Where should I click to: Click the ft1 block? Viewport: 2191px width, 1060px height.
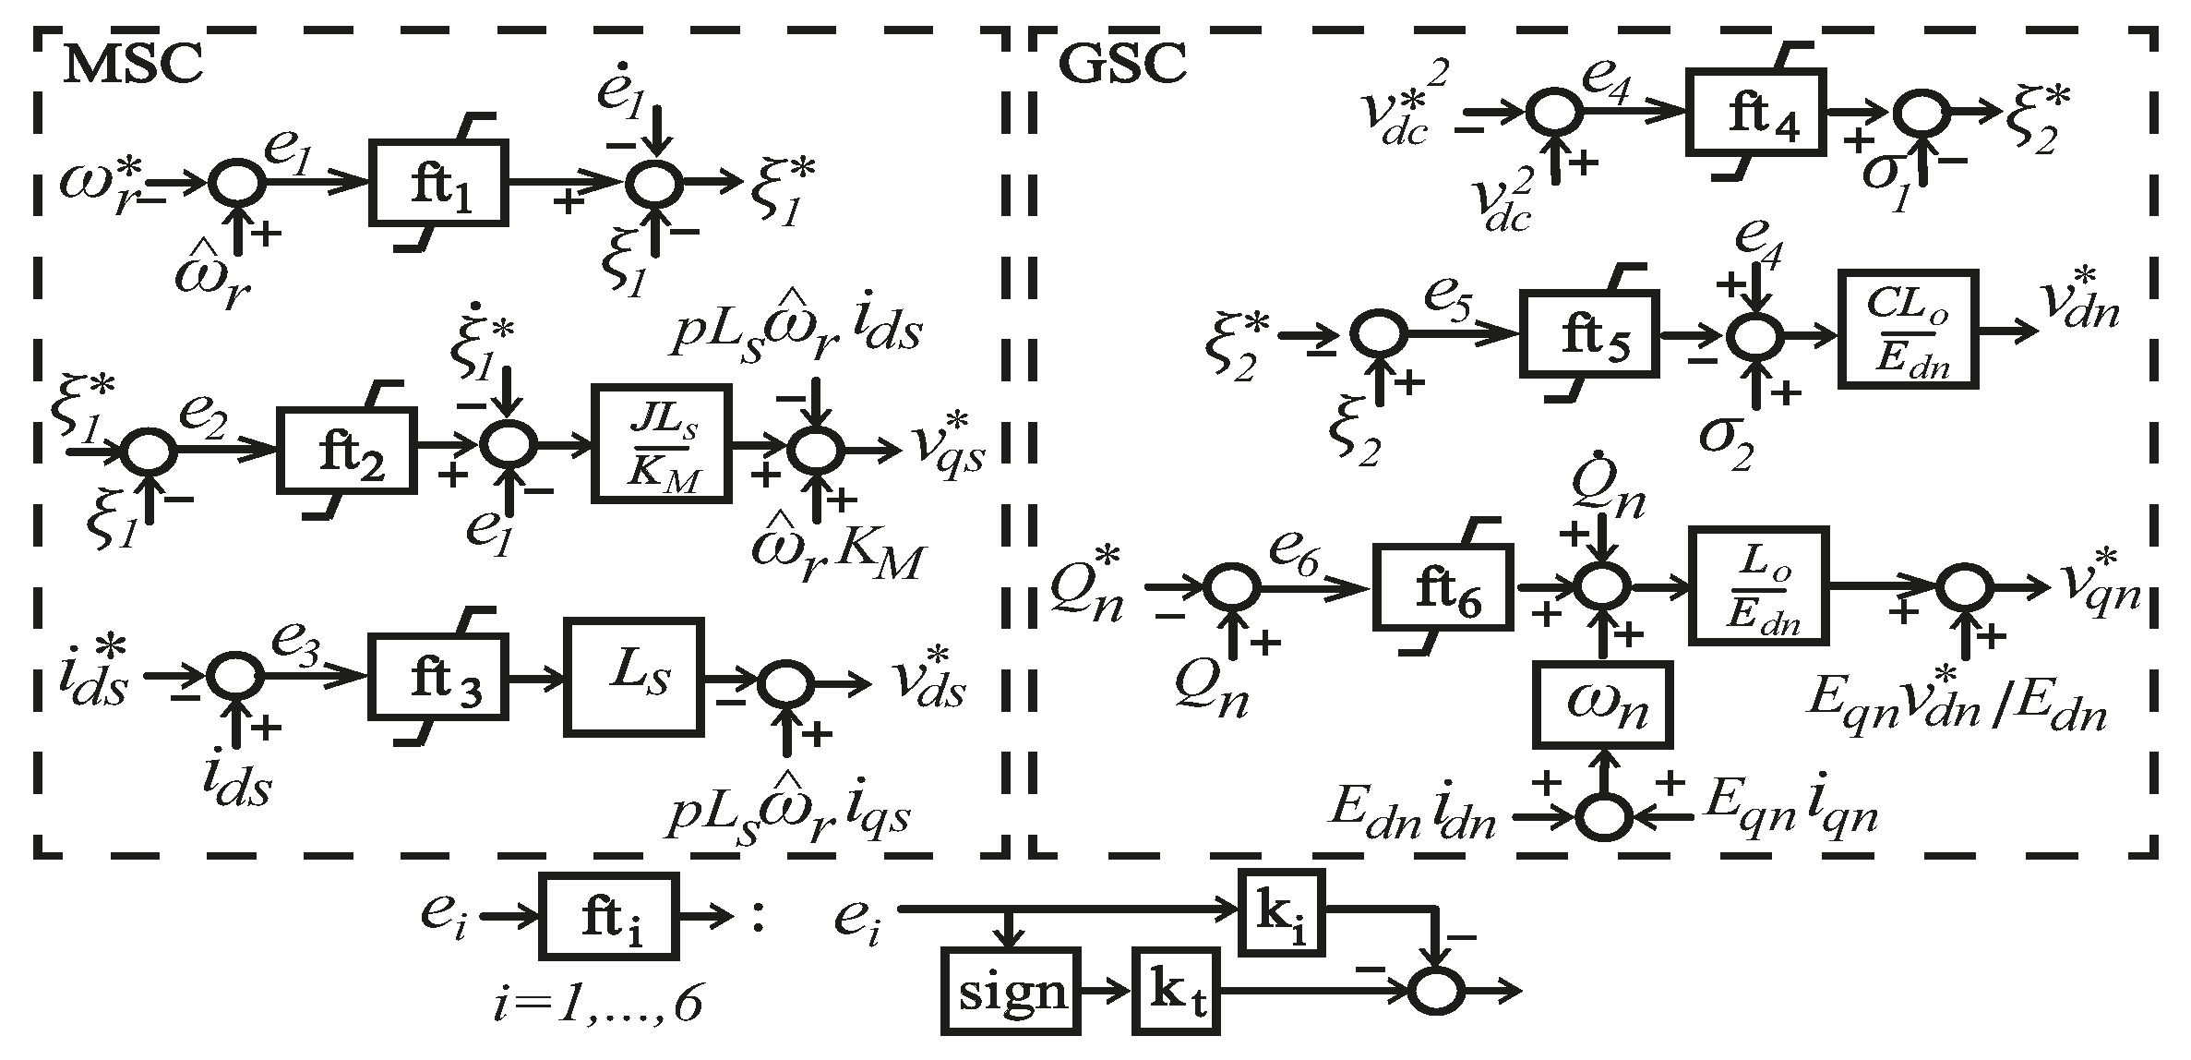point(438,183)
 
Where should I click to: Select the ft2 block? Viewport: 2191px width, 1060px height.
point(347,451)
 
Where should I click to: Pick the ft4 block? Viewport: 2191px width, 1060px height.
point(1756,112)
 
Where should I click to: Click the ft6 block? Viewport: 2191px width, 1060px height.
point(1443,587)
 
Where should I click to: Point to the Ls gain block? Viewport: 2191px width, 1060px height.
point(633,677)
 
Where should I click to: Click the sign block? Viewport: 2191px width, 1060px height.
point(1012,992)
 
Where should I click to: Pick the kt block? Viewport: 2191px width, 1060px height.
point(1174,992)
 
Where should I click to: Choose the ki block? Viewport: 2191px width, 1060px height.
point(1281,913)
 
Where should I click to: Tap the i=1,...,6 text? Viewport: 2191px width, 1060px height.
point(596,1005)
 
